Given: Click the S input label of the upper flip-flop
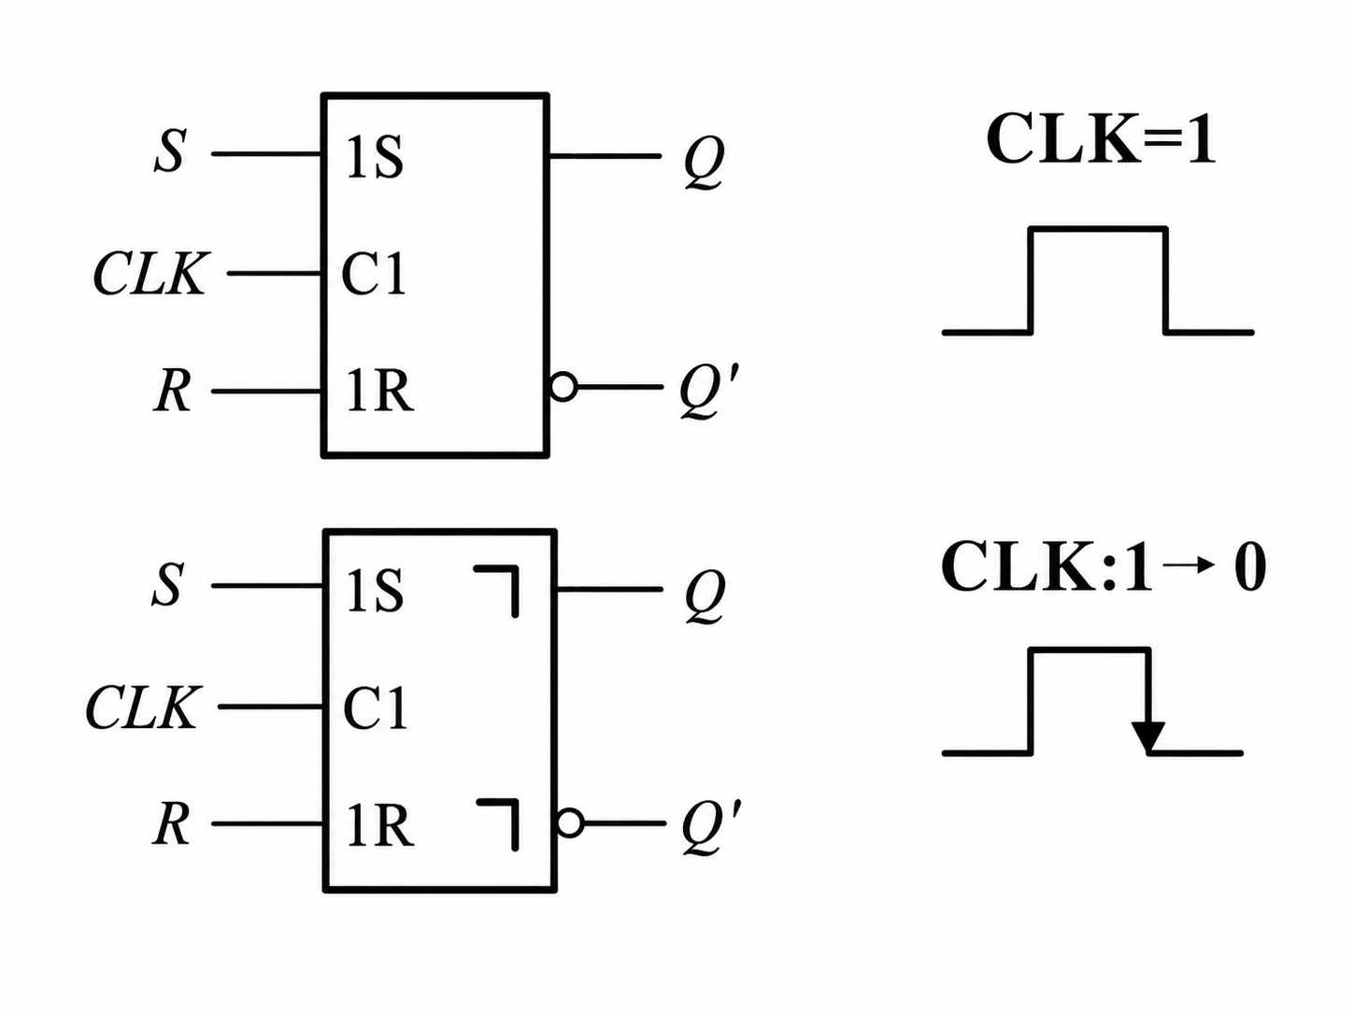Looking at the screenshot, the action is point(169,151).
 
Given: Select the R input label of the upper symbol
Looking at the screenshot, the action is point(171,392).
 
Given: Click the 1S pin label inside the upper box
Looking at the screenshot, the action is point(375,157).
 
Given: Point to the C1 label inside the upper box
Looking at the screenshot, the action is point(374,275).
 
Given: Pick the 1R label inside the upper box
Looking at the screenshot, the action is point(379,392).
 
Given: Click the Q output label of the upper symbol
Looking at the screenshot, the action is point(704,162).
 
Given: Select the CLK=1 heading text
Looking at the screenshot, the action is point(1102,139).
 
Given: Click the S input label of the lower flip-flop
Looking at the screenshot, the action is point(167,584).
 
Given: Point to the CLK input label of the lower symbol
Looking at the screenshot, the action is point(144,707).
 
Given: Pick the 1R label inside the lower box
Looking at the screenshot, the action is point(379,825).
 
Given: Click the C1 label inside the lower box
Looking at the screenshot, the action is point(375,708).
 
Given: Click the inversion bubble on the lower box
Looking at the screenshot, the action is point(570,823).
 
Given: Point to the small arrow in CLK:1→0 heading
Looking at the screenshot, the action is point(1193,565).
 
